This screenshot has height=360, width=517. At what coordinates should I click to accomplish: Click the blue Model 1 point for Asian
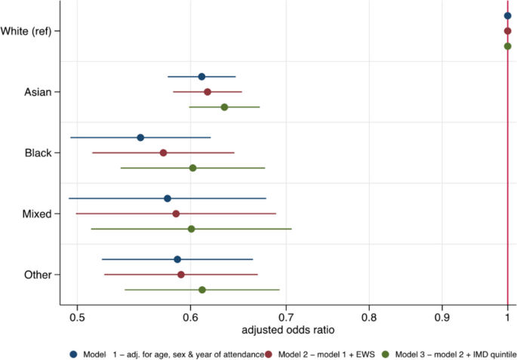(x=202, y=77)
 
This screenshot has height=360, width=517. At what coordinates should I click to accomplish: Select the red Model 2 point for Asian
(x=208, y=92)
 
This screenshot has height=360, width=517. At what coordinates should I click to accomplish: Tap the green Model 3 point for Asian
(x=224, y=107)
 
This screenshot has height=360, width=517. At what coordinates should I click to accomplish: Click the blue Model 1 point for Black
(x=140, y=137)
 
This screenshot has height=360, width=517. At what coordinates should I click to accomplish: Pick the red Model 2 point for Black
(x=163, y=152)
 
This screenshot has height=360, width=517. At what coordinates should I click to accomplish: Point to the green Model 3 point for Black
(x=192, y=168)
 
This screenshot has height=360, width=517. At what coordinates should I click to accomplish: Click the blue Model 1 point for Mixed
(x=168, y=198)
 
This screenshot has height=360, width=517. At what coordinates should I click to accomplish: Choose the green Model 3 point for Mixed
(x=191, y=229)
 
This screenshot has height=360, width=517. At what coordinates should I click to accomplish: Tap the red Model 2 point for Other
(x=181, y=275)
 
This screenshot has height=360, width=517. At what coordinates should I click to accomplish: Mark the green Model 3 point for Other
(x=202, y=290)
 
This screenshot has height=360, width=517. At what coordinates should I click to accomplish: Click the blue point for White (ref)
(x=507, y=16)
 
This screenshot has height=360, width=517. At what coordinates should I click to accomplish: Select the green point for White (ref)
(x=507, y=46)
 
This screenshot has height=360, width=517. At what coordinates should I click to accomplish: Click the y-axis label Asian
(x=38, y=92)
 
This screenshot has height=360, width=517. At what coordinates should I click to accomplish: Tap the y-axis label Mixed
(x=37, y=214)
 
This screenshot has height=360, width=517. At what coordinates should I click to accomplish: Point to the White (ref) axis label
(x=26, y=31)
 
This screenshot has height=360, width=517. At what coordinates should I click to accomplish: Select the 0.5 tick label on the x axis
(x=77, y=317)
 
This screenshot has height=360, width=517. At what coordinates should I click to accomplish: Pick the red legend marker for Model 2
(x=269, y=353)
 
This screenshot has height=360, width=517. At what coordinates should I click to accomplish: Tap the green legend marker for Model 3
(x=385, y=353)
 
